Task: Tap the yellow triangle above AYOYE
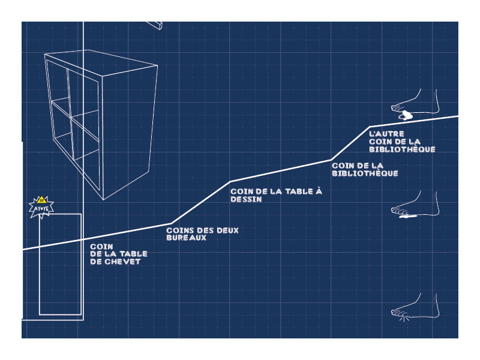tap(41, 200)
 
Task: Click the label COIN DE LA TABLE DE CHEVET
tap(119, 254)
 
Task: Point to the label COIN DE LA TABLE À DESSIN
tap(277, 195)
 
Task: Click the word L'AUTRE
tap(386, 134)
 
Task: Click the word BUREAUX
tap(186, 238)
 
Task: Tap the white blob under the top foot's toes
tap(407, 115)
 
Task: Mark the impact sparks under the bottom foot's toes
tap(404, 319)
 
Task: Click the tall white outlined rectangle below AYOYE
tap(60, 264)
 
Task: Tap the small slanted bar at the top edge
tap(155, 25)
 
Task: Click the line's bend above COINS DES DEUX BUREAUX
tap(171, 223)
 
